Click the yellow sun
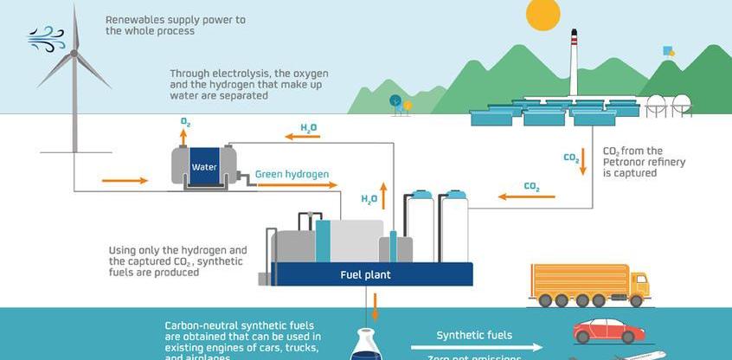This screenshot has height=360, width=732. click(543, 14)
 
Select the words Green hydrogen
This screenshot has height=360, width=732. click(292, 174)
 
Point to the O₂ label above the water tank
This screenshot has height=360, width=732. click(185, 123)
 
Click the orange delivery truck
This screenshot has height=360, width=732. click(588, 285)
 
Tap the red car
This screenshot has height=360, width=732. click(608, 331)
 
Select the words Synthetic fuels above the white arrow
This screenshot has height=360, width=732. click(474, 335)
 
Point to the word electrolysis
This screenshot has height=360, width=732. click(237, 74)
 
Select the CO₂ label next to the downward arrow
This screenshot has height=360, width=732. click(571, 158)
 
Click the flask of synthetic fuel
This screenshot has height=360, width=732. click(363, 346)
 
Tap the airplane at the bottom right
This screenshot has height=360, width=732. click(640, 354)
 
